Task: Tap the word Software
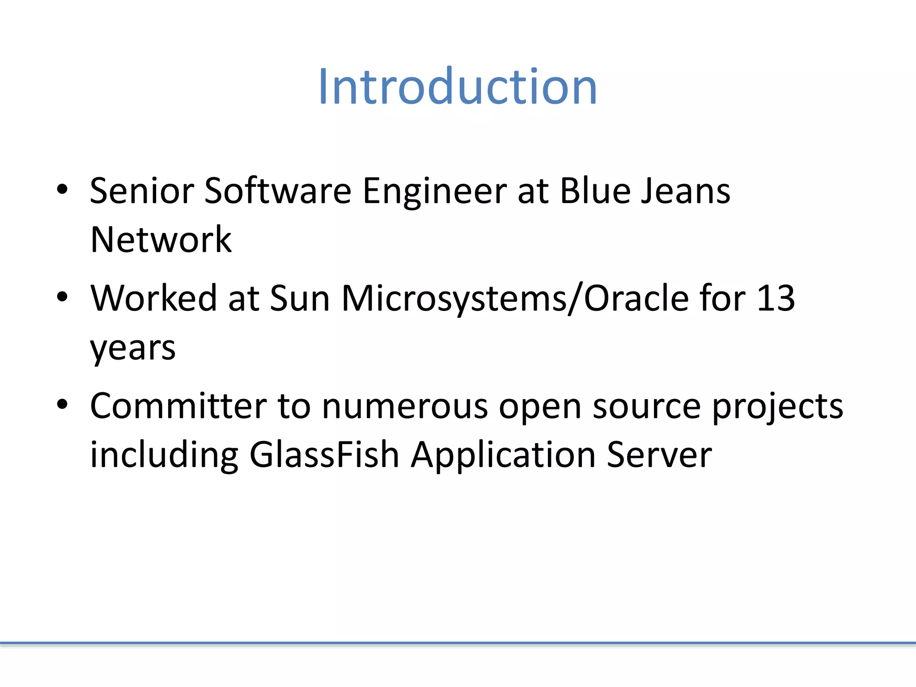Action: click(x=277, y=191)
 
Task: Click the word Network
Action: click(x=161, y=240)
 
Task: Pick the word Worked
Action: click(x=154, y=298)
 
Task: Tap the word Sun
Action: click(x=300, y=298)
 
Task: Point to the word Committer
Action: click(x=178, y=406)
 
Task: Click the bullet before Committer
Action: click(x=62, y=404)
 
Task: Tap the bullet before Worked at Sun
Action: click(x=62, y=297)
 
